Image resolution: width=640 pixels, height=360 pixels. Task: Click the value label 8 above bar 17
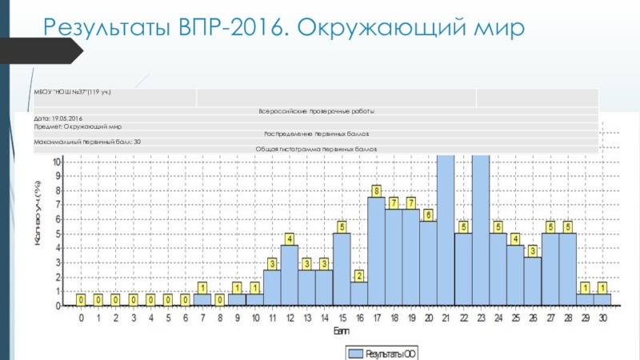pos(377,190)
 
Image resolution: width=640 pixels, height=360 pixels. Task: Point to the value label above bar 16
pos(359,276)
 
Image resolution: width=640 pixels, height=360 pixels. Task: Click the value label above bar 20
pos(429,214)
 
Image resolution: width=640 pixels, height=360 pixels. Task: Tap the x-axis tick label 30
pos(603,318)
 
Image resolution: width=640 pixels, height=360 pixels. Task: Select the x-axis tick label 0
pos(81,318)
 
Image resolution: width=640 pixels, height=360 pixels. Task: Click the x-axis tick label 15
pos(342,318)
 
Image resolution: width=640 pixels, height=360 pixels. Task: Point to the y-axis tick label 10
pos(56,162)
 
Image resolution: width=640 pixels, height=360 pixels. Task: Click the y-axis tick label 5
pos(58,234)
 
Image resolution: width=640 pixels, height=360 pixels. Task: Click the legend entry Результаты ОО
pos(382,352)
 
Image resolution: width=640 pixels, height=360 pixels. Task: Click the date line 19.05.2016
pos(64,118)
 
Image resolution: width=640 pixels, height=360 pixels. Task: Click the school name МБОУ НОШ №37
pos(73,93)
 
